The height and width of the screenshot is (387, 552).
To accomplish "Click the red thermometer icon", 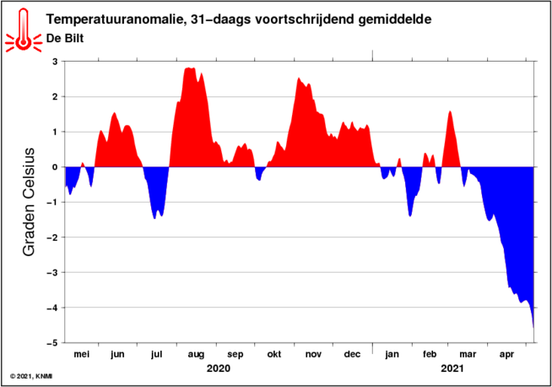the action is [x=24, y=31].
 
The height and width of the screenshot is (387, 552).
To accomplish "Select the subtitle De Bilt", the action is [x=65, y=38].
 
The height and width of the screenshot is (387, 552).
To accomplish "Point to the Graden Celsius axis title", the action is [x=29, y=202].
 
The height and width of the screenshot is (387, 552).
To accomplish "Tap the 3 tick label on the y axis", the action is [x=55, y=62].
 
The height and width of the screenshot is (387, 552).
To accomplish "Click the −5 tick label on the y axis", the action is [x=53, y=342].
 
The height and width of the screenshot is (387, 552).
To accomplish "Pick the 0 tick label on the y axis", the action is [x=55, y=167].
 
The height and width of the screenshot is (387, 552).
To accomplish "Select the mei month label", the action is [x=81, y=354].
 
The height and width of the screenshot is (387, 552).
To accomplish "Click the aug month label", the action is [x=196, y=355].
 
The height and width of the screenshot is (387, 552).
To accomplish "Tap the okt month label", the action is [x=273, y=354].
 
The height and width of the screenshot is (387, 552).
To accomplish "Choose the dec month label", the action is [x=352, y=354].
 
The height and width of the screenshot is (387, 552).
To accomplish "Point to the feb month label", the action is [x=430, y=354].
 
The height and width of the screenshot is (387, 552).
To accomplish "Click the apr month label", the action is [x=506, y=355].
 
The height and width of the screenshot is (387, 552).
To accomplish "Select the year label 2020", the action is [x=219, y=368].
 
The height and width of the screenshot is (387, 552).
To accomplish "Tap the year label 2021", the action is [x=452, y=368].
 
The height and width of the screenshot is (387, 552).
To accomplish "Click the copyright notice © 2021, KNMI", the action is [x=31, y=377].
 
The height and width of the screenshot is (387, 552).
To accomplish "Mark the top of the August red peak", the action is [x=189, y=68].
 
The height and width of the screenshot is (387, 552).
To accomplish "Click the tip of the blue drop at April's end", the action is [x=533, y=328].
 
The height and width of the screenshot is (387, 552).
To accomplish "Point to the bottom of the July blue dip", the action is [x=155, y=219].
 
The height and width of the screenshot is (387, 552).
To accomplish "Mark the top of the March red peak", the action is [x=450, y=111].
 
